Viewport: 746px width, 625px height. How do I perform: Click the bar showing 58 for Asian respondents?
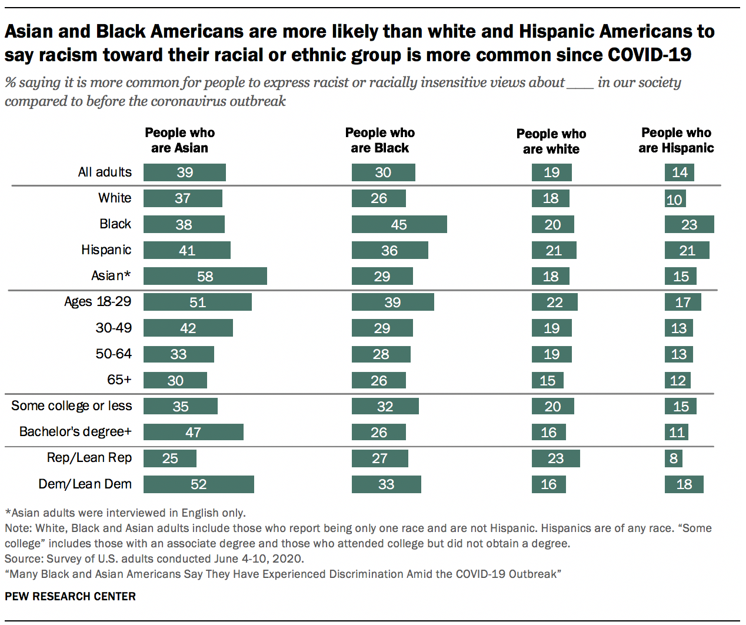[x=205, y=276]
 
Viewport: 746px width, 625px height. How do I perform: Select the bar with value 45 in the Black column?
[x=399, y=224]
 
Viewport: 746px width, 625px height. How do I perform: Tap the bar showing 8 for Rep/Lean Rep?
[x=674, y=458]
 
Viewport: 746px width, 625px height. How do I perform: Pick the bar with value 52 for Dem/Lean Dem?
[x=198, y=484]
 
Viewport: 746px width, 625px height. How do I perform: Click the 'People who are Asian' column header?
[x=179, y=140]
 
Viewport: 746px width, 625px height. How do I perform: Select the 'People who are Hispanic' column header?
[x=676, y=140]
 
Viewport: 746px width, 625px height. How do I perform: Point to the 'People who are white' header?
[x=551, y=141]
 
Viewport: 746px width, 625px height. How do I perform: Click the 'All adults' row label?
[x=105, y=172]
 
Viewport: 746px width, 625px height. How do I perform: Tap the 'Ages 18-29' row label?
[x=98, y=302]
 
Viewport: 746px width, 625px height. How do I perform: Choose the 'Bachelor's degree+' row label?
[x=75, y=432]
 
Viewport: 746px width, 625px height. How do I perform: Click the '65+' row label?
[x=119, y=380]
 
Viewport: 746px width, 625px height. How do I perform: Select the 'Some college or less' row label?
[x=71, y=406]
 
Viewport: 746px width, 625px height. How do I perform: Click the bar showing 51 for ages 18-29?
[x=197, y=302]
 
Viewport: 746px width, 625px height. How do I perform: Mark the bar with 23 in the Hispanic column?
[x=689, y=224]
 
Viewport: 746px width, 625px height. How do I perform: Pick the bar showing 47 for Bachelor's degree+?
[x=193, y=432]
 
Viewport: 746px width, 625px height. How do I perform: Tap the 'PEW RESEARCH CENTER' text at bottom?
[x=70, y=596]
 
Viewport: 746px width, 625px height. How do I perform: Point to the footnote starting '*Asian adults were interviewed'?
[x=125, y=513]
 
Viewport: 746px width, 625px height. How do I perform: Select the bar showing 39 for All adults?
[x=184, y=172]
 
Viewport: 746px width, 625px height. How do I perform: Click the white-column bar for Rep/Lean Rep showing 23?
[x=555, y=458]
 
